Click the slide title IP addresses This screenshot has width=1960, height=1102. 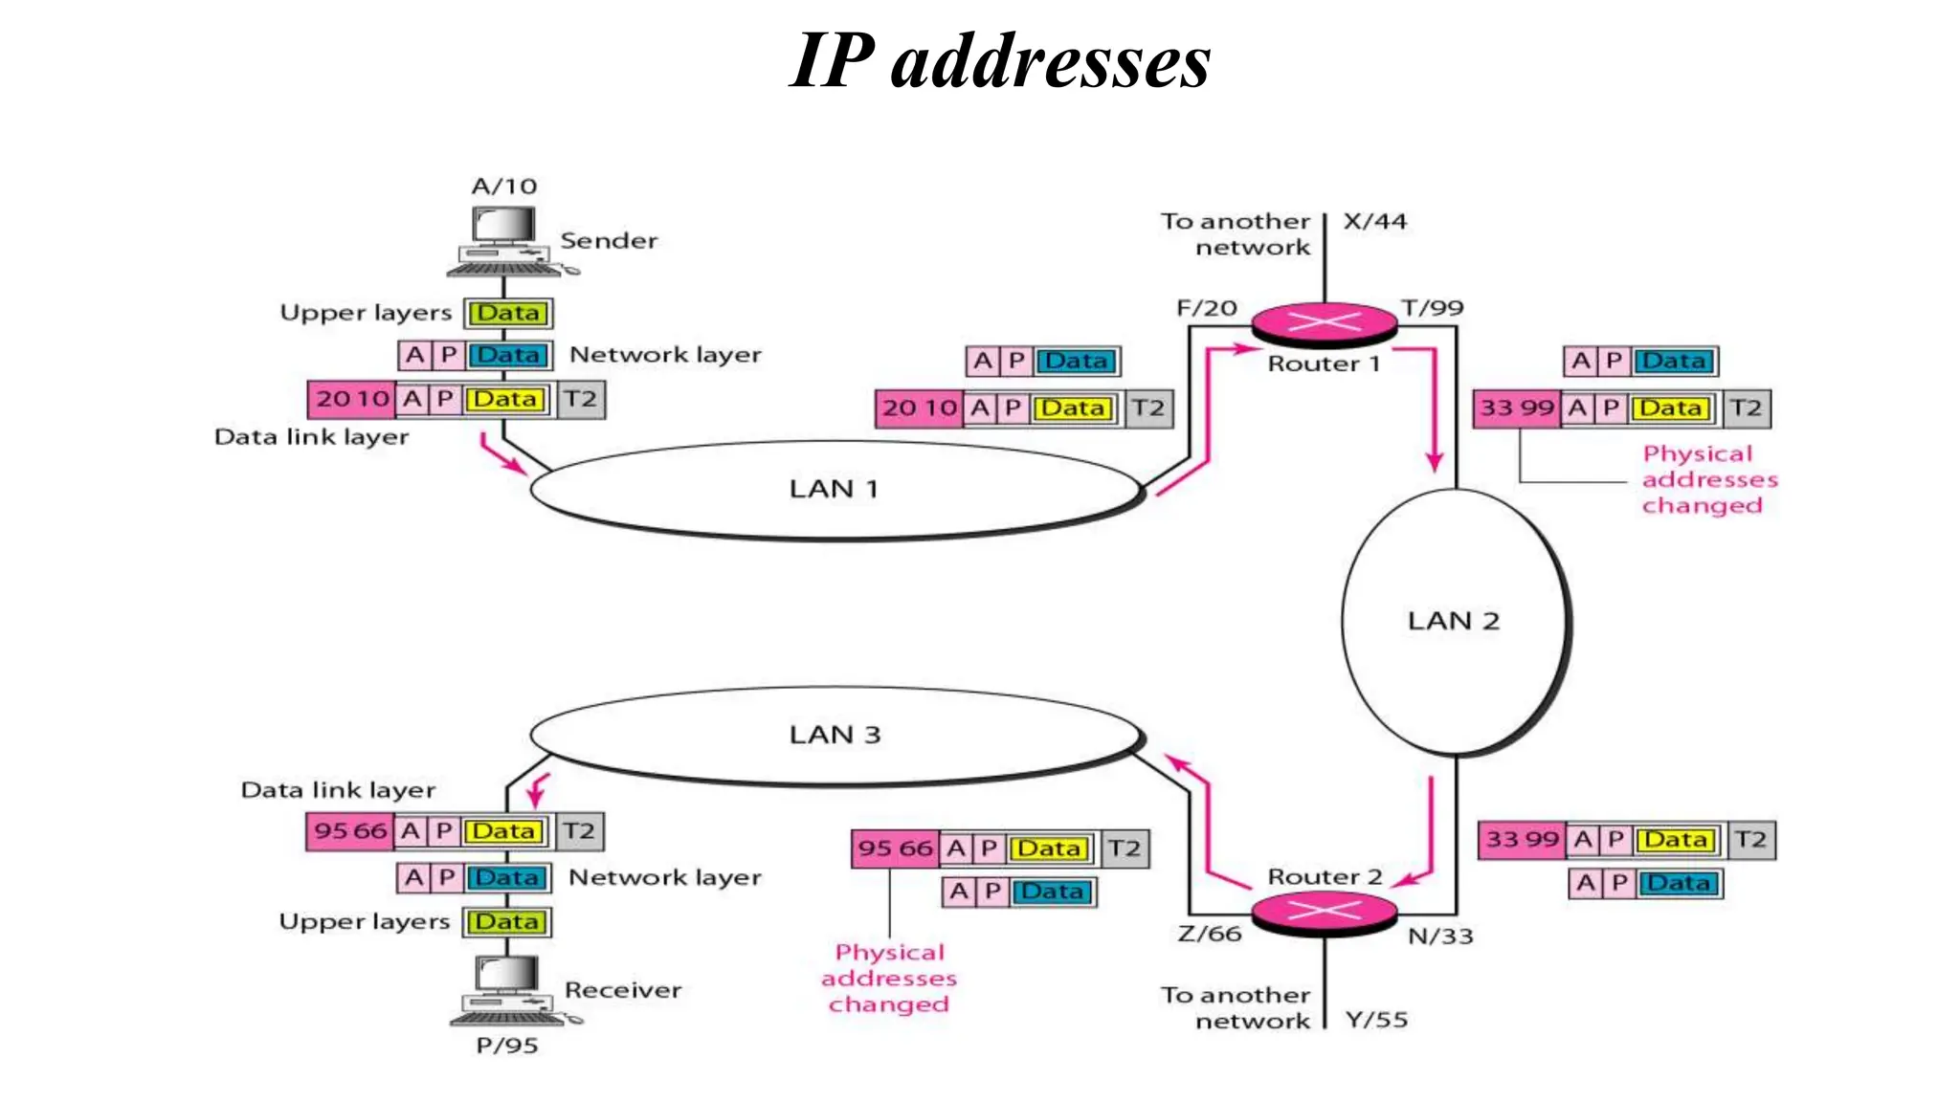[1000, 60]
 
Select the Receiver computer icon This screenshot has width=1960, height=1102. [507, 989]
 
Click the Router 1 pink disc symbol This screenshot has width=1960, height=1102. [1325, 323]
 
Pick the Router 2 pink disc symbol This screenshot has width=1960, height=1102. [1325, 912]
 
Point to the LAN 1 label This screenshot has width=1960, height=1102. [834, 489]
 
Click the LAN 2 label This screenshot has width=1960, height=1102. [1453, 621]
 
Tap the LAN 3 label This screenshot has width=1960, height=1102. [835, 735]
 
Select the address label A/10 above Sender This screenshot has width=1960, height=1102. [504, 186]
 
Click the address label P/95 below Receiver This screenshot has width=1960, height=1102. [507, 1045]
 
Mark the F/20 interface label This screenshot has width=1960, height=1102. [1207, 308]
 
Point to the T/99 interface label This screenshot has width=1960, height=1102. [1433, 308]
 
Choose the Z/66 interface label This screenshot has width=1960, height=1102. [1210, 934]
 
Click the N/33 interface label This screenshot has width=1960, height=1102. [1440, 936]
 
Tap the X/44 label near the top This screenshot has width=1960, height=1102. [1375, 221]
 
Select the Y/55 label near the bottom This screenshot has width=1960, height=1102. [1376, 1020]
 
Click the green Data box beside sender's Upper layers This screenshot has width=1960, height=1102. [508, 313]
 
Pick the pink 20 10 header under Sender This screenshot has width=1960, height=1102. [351, 399]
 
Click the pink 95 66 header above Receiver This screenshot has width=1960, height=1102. [350, 830]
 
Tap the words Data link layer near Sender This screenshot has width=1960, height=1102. [311, 437]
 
